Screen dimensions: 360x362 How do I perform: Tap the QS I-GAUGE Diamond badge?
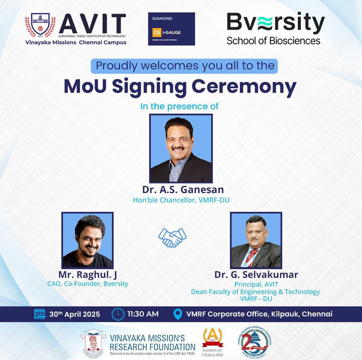coord(171,29)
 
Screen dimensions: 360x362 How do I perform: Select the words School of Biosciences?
coord(274,41)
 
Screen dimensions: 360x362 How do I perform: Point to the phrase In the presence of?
coord(179,106)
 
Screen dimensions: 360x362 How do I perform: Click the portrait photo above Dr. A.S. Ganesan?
coord(181,148)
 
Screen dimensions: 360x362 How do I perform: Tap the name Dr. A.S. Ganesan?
coord(183,189)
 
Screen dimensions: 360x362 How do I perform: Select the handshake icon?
coord(172,237)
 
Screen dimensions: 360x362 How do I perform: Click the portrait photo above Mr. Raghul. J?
coord(87,240)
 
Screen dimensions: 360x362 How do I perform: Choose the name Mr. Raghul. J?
coord(88,275)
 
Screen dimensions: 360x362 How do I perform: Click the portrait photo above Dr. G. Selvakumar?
coord(256,240)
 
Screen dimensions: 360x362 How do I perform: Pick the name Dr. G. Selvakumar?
coord(256,275)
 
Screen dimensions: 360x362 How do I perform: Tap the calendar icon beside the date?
coord(40,314)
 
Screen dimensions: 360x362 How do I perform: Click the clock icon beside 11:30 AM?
coord(118,314)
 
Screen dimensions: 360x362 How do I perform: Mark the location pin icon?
coord(178,314)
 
